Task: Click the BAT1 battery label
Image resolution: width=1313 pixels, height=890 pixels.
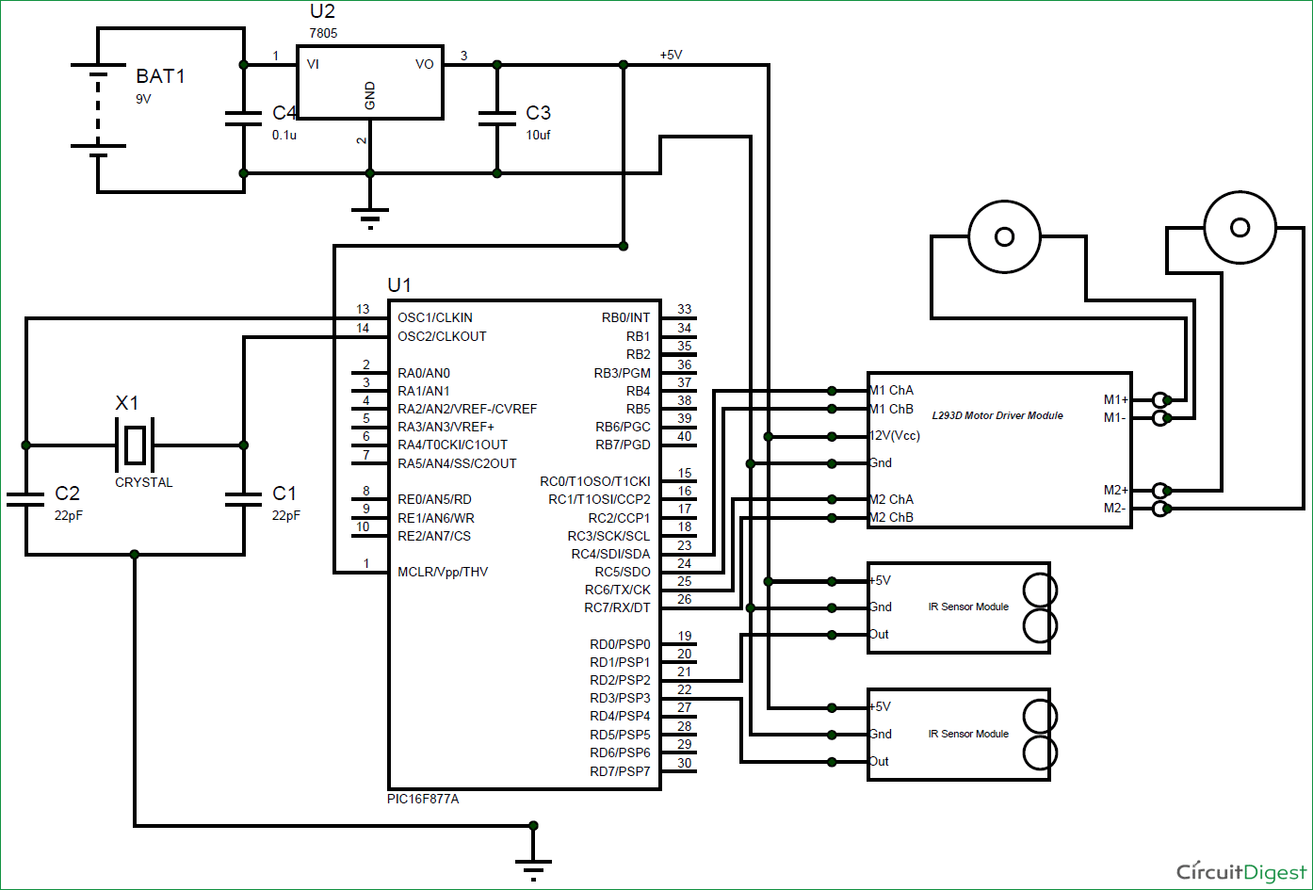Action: [161, 76]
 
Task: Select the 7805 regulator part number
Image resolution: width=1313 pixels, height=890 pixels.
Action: [323, 33]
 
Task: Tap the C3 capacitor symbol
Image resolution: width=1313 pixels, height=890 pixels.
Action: [497, 119]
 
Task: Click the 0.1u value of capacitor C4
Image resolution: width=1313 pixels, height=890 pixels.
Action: [285, 135]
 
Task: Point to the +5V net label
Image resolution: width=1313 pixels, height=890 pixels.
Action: [671, 55]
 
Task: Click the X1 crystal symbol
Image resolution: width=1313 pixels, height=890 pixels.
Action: [135, 445]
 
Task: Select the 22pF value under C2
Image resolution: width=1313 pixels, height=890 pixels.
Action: [69, 515]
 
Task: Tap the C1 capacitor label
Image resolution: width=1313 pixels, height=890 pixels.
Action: [284, 494]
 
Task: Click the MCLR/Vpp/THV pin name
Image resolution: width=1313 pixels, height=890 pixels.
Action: [443, 572]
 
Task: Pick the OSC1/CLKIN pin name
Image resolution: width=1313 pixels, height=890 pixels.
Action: [435, 317]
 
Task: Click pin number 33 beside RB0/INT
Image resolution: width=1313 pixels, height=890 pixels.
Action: [685, 309]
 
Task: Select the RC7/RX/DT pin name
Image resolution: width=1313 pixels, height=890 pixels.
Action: [617, 607]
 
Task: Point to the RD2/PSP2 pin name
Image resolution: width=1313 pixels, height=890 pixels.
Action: [620, 680]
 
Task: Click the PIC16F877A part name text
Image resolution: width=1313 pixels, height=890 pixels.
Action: [423, 799]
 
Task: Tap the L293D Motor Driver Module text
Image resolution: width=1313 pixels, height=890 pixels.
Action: [997, 415]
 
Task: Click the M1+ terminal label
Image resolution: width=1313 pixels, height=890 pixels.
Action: [1116, 399]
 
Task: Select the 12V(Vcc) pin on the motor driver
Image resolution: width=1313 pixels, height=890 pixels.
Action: [895, 436]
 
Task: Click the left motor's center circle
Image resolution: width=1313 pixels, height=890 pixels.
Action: [1005, 236]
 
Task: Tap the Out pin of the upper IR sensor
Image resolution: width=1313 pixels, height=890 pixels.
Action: [879, 634]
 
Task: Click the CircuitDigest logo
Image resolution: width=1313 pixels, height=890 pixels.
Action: [1240, 870]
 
